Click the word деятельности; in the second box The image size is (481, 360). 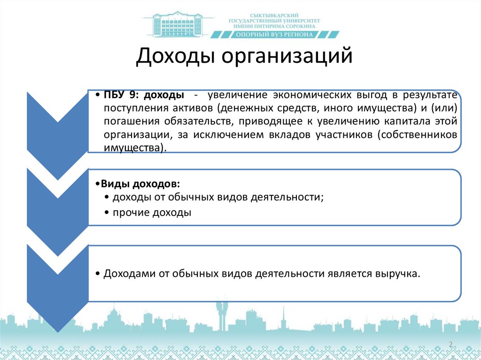(289, 197)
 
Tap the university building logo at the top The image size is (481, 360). (177, 24)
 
